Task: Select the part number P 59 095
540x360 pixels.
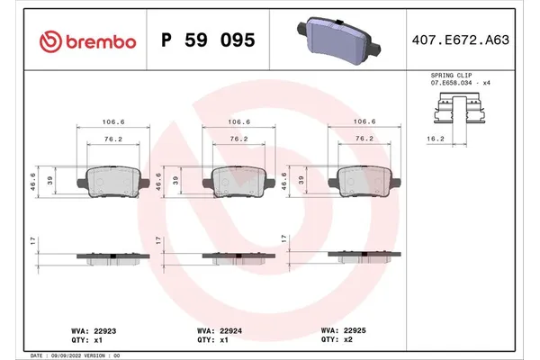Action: point(208,40)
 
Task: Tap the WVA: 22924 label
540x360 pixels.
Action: point(218,331)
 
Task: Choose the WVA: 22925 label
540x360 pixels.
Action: point(343,330)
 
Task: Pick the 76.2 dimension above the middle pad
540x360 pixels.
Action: point(238,139)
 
